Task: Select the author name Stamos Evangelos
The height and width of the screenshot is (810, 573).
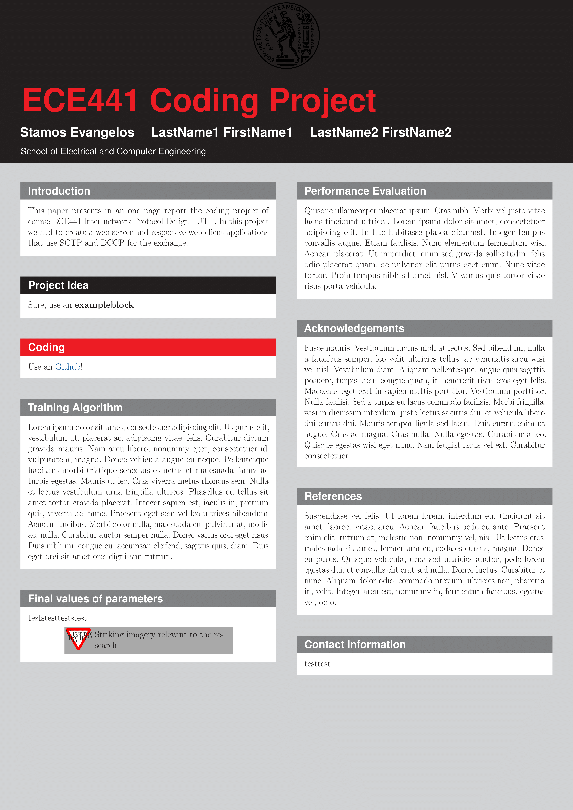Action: [77, 132]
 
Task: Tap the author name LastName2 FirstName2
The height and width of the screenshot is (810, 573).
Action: [380, 132]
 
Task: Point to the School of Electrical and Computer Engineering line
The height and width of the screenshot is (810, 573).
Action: [113, 151]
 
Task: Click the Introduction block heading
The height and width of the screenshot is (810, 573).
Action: [59, 191]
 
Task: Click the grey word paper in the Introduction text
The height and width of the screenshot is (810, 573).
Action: [58, 211]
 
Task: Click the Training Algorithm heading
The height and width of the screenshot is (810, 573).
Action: [75, 407]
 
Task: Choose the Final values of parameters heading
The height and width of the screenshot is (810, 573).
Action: [95, 599]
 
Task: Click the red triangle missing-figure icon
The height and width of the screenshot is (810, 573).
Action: [78, 639]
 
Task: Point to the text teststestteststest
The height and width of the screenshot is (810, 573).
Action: [57, 618]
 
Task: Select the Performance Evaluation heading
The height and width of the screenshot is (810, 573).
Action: [365, 191]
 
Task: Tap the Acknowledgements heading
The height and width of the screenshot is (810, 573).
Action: [354, 328]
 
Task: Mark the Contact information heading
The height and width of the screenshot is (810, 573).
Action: [355, 645]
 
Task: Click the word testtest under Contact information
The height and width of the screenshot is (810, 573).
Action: [317, 664]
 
